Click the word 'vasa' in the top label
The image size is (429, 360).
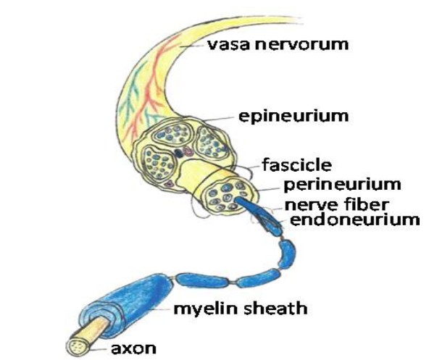228,45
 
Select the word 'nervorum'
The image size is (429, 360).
302,45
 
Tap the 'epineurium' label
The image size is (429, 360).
293,117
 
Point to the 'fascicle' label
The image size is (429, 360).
297,165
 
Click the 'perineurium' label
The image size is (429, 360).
342,185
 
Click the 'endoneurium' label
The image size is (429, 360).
354,219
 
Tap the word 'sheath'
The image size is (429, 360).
275,307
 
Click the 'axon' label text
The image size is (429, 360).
133,348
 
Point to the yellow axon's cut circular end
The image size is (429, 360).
76,348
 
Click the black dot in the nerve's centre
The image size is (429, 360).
179,154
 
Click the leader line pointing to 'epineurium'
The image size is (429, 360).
218,119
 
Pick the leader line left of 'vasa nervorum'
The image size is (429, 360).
192,46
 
